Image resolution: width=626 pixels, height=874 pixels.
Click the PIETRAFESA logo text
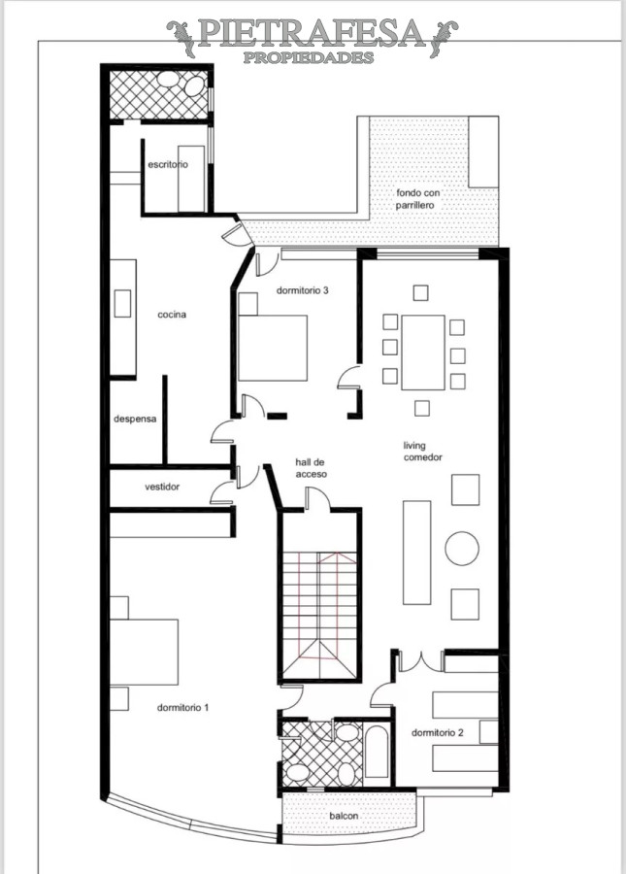pos(312,35)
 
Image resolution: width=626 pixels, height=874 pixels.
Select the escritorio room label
pos(168,165)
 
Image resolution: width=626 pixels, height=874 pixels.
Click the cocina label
pos(172,315)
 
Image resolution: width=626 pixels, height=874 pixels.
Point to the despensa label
pos(136,420)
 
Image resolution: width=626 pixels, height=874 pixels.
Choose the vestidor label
pos(162,487)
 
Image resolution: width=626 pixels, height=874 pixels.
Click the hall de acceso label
pos(312,468)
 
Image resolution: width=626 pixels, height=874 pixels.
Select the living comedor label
pos(423,452)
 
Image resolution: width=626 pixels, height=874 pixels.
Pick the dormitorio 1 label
pos(183,707)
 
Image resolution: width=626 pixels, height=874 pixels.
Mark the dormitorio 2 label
pos(437,732)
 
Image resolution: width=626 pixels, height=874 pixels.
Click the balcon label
pos(344,816)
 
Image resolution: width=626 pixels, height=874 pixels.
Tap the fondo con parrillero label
pos(418,200)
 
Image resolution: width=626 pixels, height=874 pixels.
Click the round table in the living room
pos(462,549)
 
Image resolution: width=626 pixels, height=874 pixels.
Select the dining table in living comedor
pos(422,352)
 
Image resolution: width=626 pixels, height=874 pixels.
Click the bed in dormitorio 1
pos(146,651)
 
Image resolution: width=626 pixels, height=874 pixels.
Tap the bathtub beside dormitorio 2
pos(377,751)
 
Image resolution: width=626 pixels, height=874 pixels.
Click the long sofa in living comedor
pos(417,553)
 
